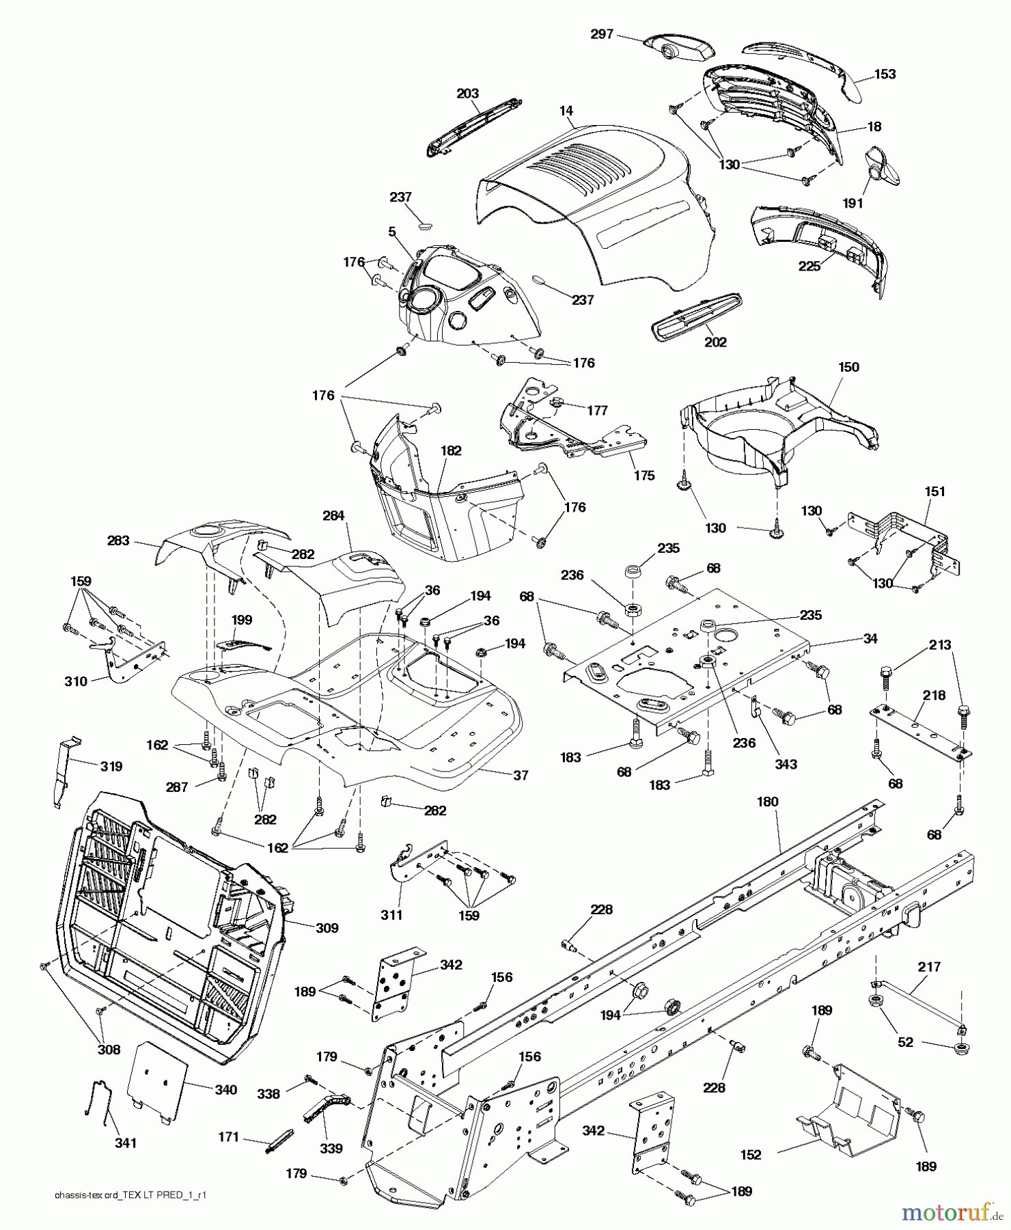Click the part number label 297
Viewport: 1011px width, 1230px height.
[602, 33]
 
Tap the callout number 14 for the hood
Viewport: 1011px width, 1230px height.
[566, 110]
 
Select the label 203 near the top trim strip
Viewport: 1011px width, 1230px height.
[467, 93]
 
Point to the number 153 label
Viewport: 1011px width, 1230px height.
[885, 74]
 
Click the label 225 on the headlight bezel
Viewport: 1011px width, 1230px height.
[809, 266]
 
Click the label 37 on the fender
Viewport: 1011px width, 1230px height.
[521, 775]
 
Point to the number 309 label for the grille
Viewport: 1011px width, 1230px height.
[327, 928]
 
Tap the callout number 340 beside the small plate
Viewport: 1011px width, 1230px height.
[225, 1089]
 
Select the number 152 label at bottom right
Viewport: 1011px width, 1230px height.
[750, 1154]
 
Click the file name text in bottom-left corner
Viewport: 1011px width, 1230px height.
[130, 1214]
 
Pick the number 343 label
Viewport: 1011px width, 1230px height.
[786, 764]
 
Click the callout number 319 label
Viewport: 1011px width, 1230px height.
[111, 767]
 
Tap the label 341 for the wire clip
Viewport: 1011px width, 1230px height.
[125, 1143]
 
